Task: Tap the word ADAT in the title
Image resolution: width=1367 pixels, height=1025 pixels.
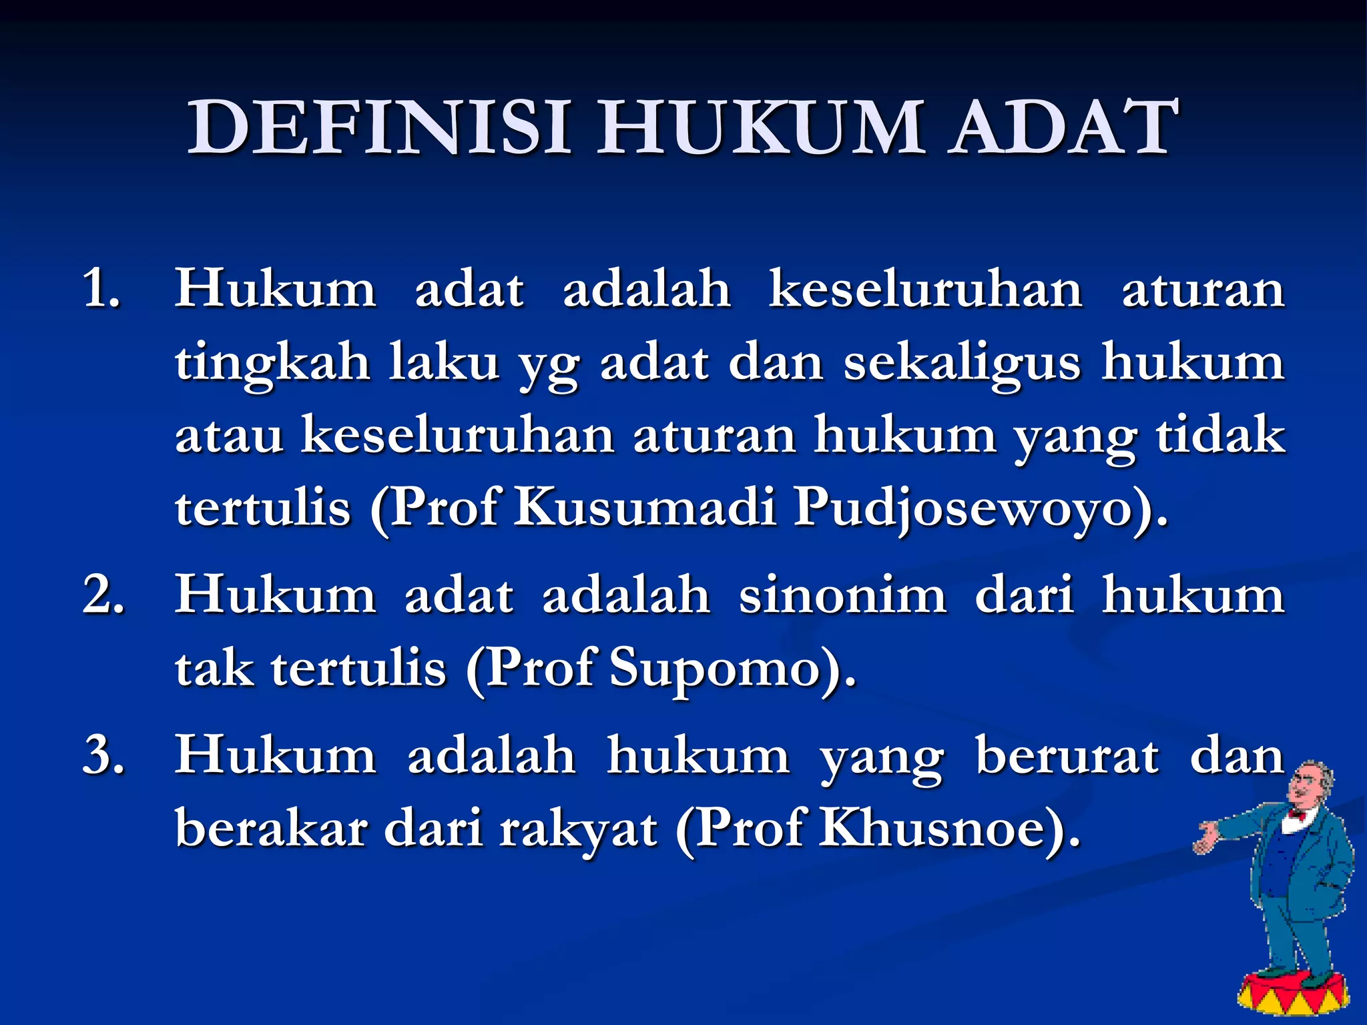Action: pyautogui.click(x=1064, y=127)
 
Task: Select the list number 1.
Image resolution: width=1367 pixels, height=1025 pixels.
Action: pyautogui.click(x=101, y=290)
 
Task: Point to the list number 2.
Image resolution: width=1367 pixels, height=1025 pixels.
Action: pyautogui.click(x=103, y=594)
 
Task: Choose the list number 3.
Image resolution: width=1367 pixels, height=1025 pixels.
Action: pyautogui.click(x=103, y=755)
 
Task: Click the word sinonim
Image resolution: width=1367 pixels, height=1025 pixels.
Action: pyautogui.click(x=842, y=594)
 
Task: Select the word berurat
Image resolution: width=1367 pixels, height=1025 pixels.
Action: pyautogui.click(x=1067, y=755)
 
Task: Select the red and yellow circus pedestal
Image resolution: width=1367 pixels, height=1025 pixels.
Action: pyautogui.click(x=1291, y=994)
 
